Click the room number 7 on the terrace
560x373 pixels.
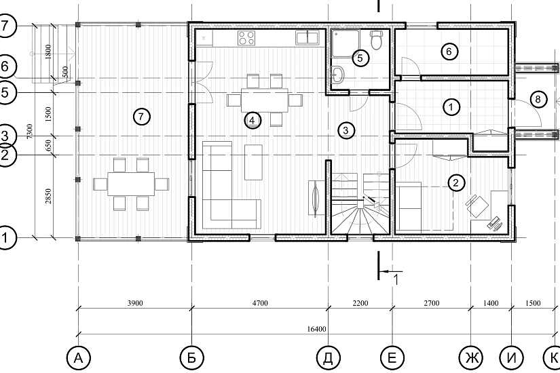point(141,117)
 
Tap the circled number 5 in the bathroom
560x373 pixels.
point(360,58)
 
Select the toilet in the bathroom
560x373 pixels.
point(377,40)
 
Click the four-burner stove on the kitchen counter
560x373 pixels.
point(246,38)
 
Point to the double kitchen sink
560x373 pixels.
point(307,38)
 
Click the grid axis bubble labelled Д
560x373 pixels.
point(329,357)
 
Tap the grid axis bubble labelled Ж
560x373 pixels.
point(470,357)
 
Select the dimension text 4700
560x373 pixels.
point(260,303)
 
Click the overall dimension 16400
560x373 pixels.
point(316,329)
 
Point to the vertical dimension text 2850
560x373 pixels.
point(49,196)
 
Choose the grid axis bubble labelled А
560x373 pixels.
point(78,357)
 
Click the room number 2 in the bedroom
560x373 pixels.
point(455,182)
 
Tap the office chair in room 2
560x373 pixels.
point(477,205)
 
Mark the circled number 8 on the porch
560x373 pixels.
point(538,99)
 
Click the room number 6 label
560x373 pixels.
point(449,52)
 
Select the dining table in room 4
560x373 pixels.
point(264,100)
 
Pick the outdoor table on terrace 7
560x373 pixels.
point(131,184)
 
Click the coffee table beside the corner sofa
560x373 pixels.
point(253,162)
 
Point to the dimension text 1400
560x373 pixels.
point(491,303)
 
